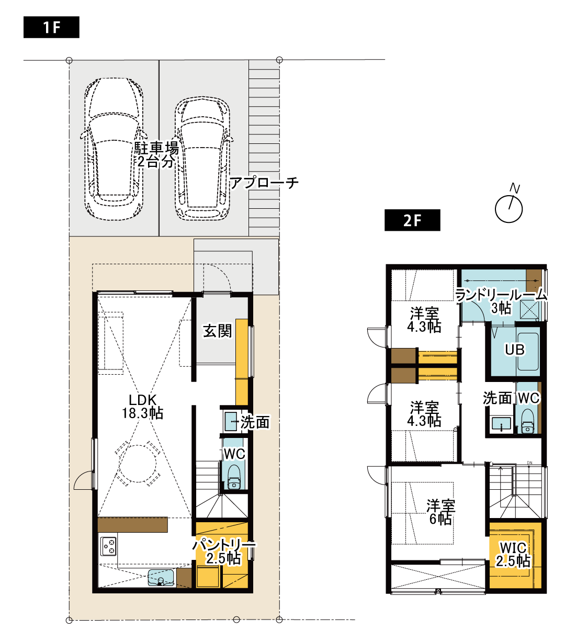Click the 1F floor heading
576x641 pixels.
(51, 27)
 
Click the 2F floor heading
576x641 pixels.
(412, 220)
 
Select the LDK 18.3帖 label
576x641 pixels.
(142, 407)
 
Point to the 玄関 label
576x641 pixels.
(218, 331)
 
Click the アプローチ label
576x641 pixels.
(264, 183)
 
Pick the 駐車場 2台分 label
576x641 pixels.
(156, 155)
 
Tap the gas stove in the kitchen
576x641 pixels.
(109, 546)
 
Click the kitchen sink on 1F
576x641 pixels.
(161, 578)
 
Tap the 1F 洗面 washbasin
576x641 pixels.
(231, 421)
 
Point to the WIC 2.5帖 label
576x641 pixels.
(513, 555)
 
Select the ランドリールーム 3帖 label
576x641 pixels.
(501, 301)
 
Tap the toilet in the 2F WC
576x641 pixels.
(527, 422)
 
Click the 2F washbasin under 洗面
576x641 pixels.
(501, 423)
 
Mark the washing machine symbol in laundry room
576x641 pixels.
(529, 309)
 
